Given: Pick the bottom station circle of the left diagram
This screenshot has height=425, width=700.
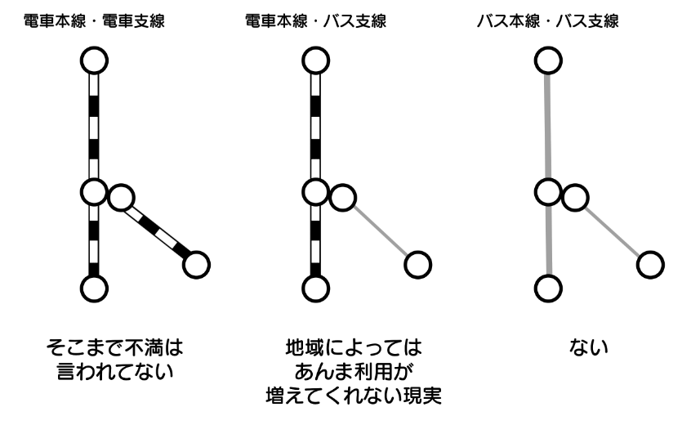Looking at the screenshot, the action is coord(95,288).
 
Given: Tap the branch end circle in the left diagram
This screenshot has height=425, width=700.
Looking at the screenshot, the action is coord(196,264).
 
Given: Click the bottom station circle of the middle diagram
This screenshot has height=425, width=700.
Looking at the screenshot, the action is coord(315,288).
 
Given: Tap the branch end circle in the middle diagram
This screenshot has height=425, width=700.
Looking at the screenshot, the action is coord(418,264).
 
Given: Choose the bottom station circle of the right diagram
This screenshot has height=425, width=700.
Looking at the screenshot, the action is coord(548,288).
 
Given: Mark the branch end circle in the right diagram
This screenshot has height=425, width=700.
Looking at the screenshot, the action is coord(650,264).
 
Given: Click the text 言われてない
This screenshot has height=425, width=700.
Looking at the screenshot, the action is coord(114,372).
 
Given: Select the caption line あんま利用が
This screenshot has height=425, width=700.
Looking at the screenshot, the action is coord(348,372).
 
